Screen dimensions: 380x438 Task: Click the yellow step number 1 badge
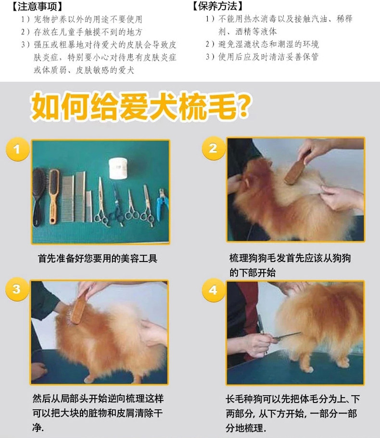[17, 149]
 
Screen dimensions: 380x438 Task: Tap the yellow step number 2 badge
[214, 148]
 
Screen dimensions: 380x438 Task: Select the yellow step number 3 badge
[17, 289]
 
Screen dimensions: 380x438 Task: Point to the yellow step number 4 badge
[214, 290]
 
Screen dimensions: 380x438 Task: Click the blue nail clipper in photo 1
[162, 204]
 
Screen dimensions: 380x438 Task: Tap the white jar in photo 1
[118, 168]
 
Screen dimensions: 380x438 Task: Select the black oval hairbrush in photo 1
[38, 196]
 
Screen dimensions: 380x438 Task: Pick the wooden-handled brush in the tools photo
[53, 196]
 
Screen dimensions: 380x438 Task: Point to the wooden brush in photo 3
[79, 307]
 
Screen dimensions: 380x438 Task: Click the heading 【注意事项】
[37, 6]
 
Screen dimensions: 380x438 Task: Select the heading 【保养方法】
[218, 6]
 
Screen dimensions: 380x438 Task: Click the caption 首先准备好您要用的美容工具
[98, 258]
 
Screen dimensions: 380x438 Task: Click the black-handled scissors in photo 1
[117, 204]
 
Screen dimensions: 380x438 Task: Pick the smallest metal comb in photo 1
[89, 206]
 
